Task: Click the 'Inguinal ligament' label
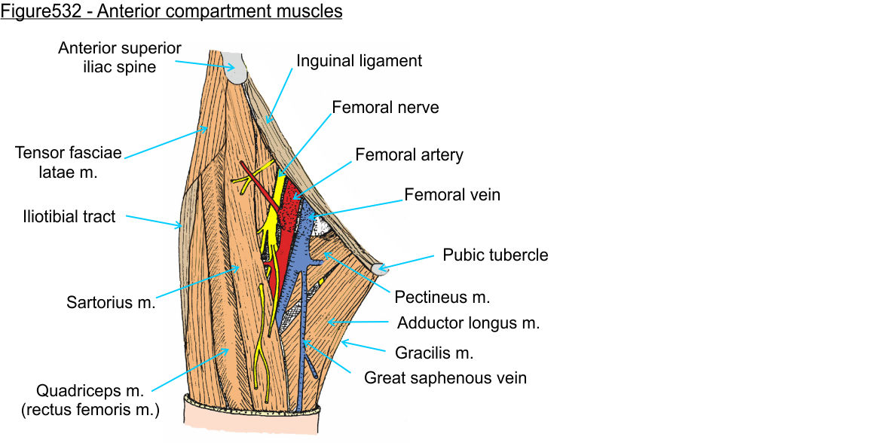(359, 61)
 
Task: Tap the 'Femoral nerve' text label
(384, 108)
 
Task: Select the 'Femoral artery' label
(408, 155)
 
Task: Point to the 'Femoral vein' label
(452, 195)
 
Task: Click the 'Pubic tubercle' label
(495, 255)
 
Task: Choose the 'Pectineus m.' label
(442, 297)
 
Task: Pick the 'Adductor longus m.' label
(468, 324)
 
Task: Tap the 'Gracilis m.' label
(434, 352)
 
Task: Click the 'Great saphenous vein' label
(445, 377)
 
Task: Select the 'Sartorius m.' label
(111, 304)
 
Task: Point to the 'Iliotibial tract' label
(68, 217)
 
